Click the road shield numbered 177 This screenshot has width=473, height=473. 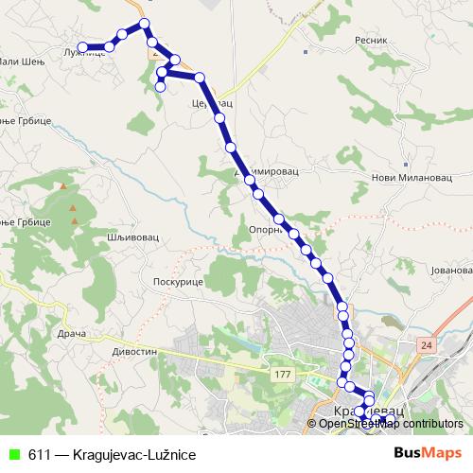pos(281,376)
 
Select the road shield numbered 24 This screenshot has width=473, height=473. pos(427,346)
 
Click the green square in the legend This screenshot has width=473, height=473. pos(13,455)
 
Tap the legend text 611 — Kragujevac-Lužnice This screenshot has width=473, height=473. pos(111,455)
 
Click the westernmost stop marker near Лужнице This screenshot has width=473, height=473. pos(82,46)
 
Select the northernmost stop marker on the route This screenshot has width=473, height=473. pos(144,24)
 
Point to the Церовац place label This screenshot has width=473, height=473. pos(210,102)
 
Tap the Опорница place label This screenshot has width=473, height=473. pos(267,229)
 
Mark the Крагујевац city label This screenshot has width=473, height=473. pos(370,412)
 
